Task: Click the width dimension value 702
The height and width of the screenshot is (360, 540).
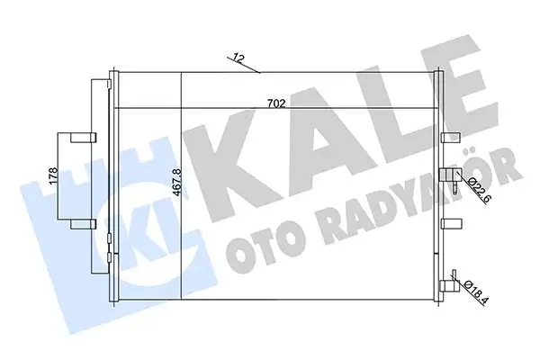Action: (x=276, y=103)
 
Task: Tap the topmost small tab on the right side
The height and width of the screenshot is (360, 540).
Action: (x=450, y=138)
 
